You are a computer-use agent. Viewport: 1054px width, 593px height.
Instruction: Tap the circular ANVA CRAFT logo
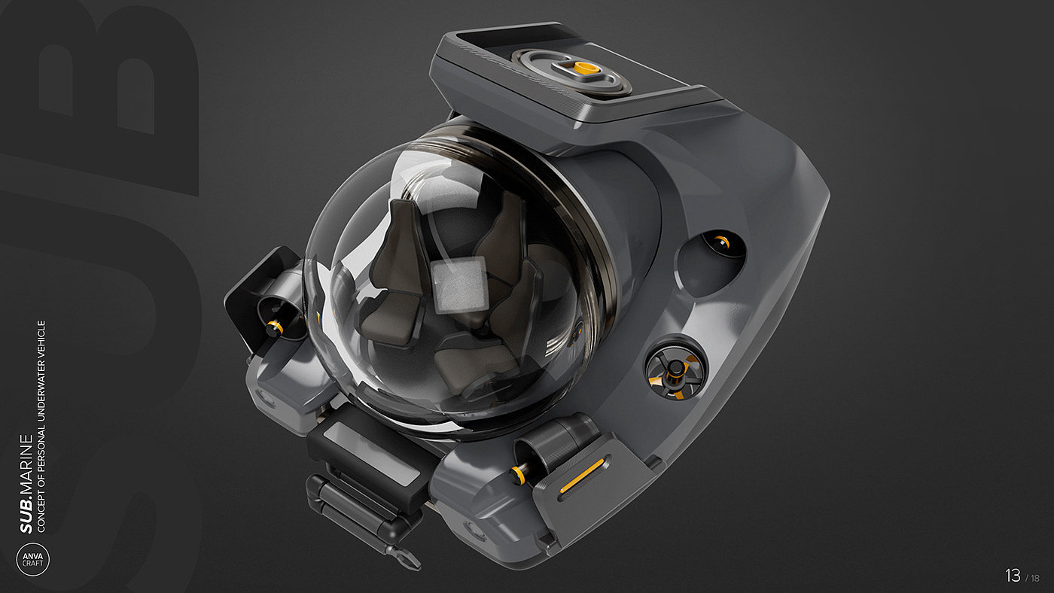pos(32,559)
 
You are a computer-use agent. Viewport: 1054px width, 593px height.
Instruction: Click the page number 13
pos(1013,575)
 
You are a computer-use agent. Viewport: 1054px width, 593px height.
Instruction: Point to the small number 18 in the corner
pos(1035,578)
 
